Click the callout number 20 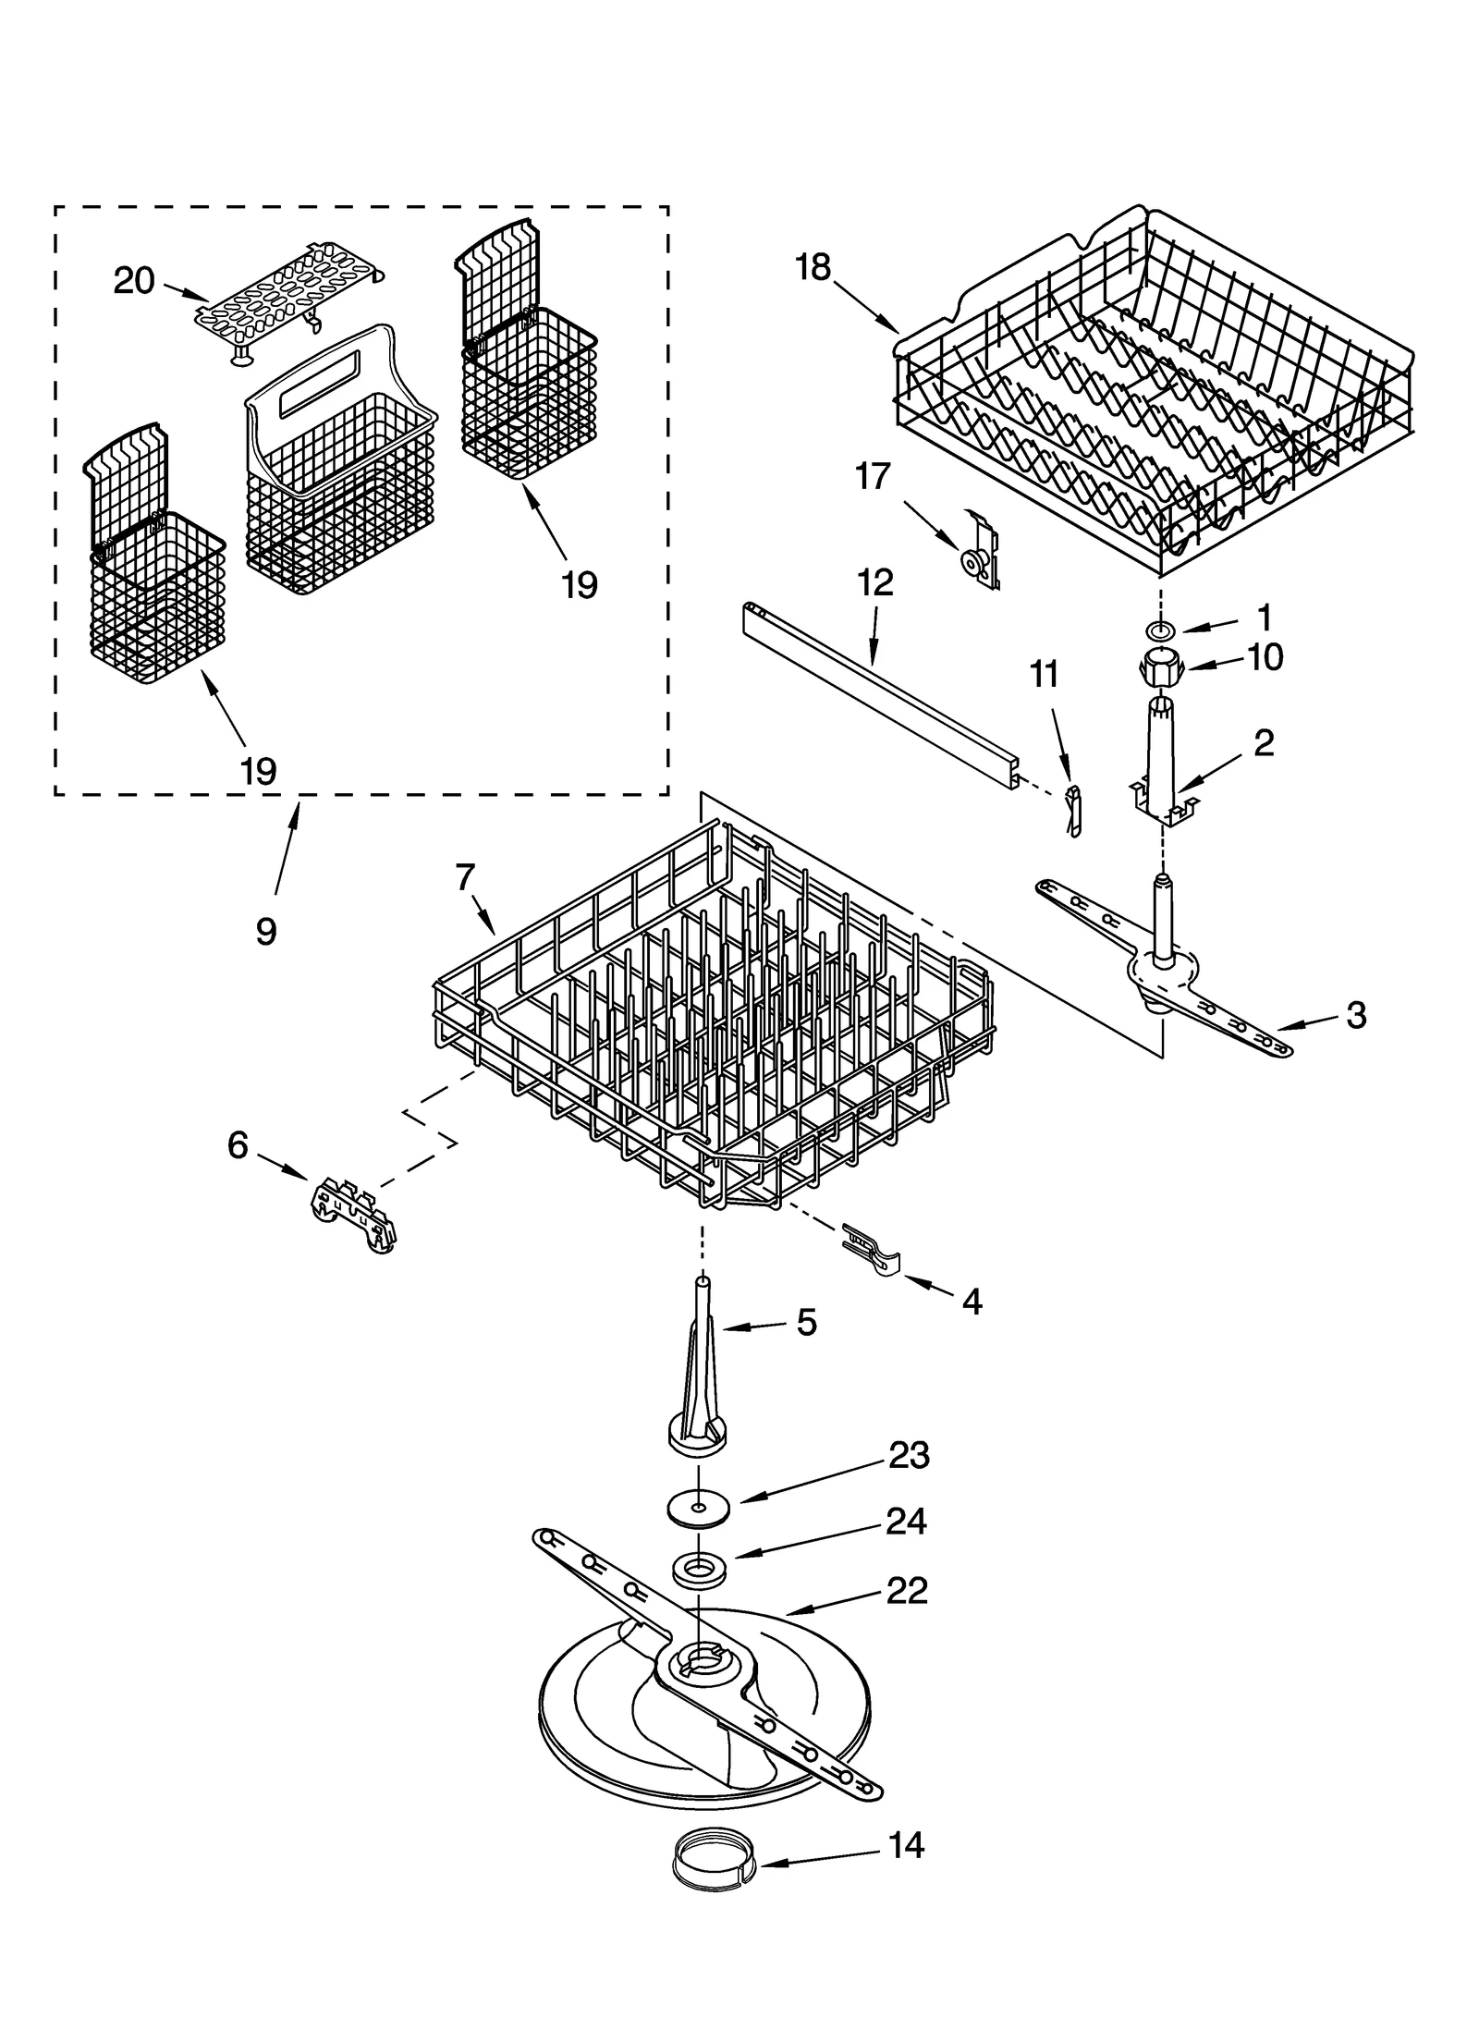coord(134,280)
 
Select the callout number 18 coord(814,267)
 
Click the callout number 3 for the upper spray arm coord(1356,1015)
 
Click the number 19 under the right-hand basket coord(581,585)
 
